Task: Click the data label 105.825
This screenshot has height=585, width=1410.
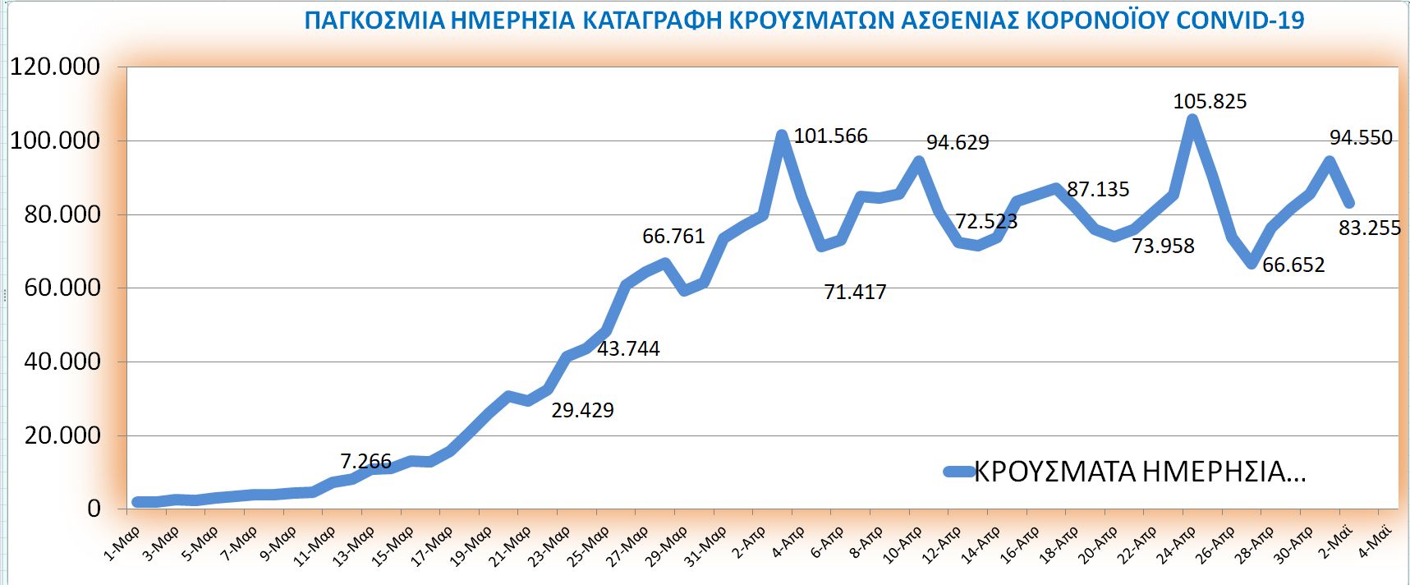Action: (1210, 102)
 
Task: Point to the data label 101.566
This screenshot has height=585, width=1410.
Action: (830, 136)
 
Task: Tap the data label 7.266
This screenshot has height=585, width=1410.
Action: (365, 462)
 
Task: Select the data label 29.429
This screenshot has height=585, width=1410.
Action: (582, 410)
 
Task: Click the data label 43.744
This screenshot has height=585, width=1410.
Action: (628, 349)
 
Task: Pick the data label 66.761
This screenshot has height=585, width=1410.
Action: (673, 237)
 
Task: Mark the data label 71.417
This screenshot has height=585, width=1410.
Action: (855, 292)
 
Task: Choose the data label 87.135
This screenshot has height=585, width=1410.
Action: (1098, 190)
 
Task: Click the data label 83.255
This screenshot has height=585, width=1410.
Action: (1369, 228)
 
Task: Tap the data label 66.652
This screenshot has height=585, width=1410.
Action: (1293, 265)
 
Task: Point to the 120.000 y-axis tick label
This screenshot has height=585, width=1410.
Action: (55, 67)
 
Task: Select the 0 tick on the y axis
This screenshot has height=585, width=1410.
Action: (94, 509)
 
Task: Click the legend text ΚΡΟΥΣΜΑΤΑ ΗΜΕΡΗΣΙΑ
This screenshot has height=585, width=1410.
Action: (1139, 472)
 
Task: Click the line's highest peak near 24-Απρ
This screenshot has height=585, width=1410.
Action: (1192, 120)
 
